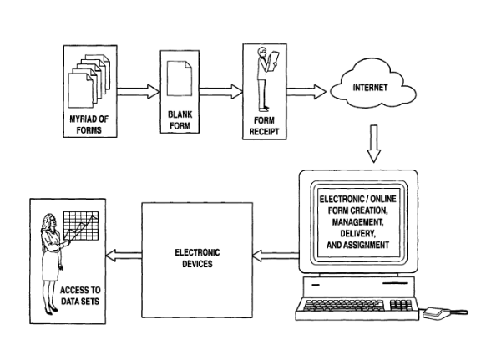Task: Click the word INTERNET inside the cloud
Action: click(x=370, y=88)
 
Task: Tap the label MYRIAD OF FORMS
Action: click(x=89, y=124)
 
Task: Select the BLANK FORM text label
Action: click(x=180, y=120)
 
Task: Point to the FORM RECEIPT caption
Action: click(x=264, y=126)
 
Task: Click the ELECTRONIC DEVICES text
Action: click(x=197, y=258)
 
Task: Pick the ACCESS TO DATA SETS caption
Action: click(x=80, y=296)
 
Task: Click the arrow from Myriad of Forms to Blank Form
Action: click(x=139, y=92)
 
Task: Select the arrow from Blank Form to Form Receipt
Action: click(x=220, y=92)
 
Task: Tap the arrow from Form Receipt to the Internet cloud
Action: click(x=306, y=92)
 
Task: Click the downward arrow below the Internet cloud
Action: click(x=374, y=144)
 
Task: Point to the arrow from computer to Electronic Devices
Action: click(x=276, y=256)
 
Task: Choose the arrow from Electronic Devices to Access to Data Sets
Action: click(x=124, y=256)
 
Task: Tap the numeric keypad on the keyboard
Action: click(x=401, y=305)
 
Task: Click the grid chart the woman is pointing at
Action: click(x=81, y=226)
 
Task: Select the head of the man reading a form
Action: click(x=262, y=52)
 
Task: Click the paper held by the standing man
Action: click(x=274, y=61)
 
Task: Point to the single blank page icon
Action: click(x=180, y=79)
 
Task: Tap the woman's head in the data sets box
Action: click(x=49, y=221)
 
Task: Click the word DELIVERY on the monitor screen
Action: click(x=358, y=234)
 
